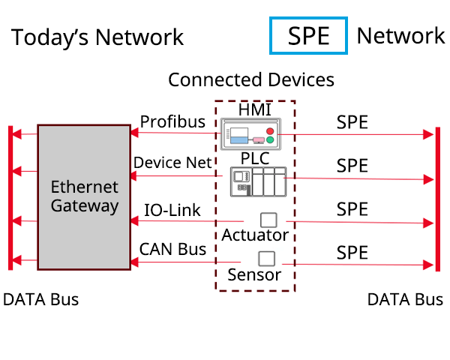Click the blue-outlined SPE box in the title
click(x=308, y=36)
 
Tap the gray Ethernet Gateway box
click(x=84, y=197)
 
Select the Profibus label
click(x=172, y=121)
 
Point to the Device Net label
click(x=168, y=163)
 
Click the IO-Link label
click(x=172, y=210)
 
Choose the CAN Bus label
click(x=172, y=249)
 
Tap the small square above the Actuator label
click(x=268, y=220)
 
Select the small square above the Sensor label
click(x=265, y=258)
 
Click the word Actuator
click(x=255, y=235)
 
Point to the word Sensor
click(x=254, y=274)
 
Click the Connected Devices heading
click(x=251, y=79)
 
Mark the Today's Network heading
click(x=97, y=37)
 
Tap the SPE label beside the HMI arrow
click(x=352, y=122)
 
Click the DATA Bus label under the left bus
click(x=40, y=300)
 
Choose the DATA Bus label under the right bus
click(x=405, y=300)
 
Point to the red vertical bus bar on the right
click(x=436, y=199)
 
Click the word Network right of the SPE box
click(x=400, y=35)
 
